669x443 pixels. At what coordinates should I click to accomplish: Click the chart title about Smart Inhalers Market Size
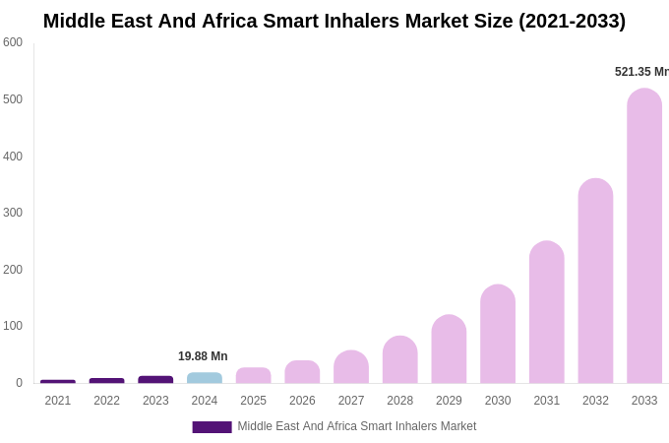pos(334,21)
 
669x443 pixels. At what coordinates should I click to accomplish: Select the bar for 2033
pos(644,236)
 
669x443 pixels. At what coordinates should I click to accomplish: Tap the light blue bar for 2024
pos(205,378)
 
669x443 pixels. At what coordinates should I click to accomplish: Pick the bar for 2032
pos(595,282)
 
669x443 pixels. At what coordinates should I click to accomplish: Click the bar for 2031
pos(547,313)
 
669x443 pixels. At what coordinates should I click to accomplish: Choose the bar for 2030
pos(498,335)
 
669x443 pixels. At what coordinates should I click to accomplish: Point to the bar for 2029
pos(449,349)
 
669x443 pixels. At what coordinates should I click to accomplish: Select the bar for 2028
pos(400,360)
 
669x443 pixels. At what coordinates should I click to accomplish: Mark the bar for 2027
pos(351,367)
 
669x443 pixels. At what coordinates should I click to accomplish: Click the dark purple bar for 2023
pos(155,380)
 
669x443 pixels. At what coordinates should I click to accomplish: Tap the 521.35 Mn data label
pos(640,72)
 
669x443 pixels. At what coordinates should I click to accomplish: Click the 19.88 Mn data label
pos(203,356)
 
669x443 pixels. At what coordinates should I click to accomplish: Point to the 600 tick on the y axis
pos(13,42)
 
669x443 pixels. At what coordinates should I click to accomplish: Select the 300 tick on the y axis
pos(13,213)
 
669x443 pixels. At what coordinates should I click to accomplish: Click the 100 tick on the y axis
pos(13,326)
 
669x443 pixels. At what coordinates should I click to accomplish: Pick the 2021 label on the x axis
pos(58,401)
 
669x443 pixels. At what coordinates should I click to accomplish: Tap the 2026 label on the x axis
pos(302,401)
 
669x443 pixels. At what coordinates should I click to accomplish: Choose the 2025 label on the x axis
pos(254,401)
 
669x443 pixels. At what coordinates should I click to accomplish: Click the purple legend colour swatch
pos(212,427)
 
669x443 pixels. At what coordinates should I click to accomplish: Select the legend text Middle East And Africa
pos(356,426)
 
